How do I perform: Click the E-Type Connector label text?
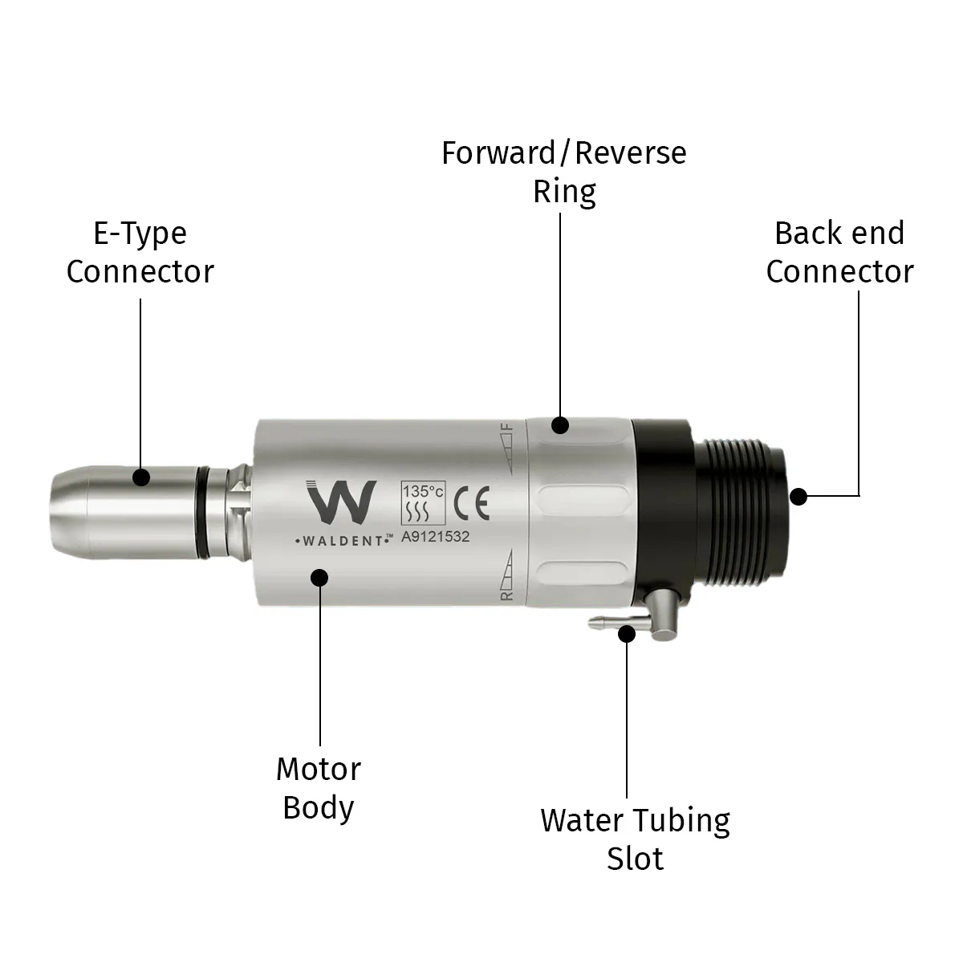(140, 252)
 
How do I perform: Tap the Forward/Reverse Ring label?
(564, 172)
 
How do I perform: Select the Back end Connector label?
(839, 252)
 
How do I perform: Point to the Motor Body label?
(319, 788)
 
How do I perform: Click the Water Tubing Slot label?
(635, 839)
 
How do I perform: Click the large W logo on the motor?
(341, 502)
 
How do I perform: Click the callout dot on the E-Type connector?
(142, 477)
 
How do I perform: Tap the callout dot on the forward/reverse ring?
(561, 425)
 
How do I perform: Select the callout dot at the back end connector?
(798, 496)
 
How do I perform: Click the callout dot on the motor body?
(320, 577)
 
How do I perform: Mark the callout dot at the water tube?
(627, 634)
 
